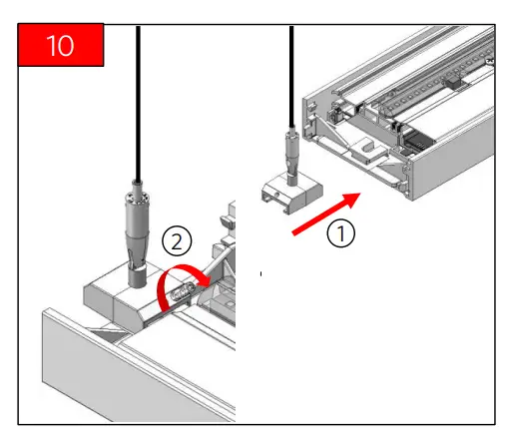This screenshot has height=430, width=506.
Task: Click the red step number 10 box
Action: pos(61,45)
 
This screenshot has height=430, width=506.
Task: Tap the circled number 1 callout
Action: pos(341,233)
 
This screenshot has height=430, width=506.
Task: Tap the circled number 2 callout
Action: pos(177,241)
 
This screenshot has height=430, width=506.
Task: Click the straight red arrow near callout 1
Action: pos(326,214)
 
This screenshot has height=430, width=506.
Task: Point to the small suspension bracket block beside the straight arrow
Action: pos(292,194)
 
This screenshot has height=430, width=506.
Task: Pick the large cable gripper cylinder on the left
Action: pos(137,232)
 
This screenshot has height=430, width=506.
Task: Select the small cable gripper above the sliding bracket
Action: pos(291,157)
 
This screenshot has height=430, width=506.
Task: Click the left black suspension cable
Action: pos(138,103)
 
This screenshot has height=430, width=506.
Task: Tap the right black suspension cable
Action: pos(291,77)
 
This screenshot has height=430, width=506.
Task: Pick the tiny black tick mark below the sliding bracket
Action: pos(260,273)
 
